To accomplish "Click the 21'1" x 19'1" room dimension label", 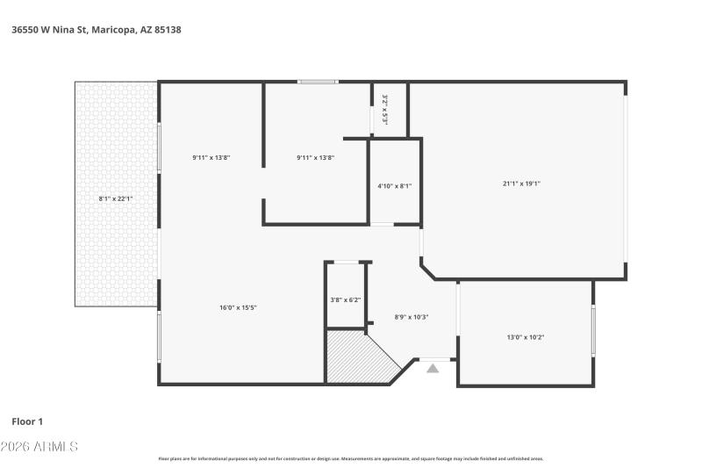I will click(x=520, y=184).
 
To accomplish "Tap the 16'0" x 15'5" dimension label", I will click(x=238, y=307).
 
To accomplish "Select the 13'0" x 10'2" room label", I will click(x=526, y=337).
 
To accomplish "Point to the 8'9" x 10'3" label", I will click(x=412, y=317).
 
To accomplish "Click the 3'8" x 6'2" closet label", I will click(x=345, y=300).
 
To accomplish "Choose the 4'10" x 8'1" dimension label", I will click(x=394, y=186).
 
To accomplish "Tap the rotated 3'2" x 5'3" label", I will click(x=384, y=110).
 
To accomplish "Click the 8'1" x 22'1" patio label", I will click(x=116, y=198).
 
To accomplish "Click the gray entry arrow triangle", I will click(x=433, y=369).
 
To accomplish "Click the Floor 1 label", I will click(x=27, y=421).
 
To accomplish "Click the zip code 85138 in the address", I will click(x=168, y=30).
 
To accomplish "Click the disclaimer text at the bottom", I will click(x=350, y=458).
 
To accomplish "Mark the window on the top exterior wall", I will click(x=317, y=83).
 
